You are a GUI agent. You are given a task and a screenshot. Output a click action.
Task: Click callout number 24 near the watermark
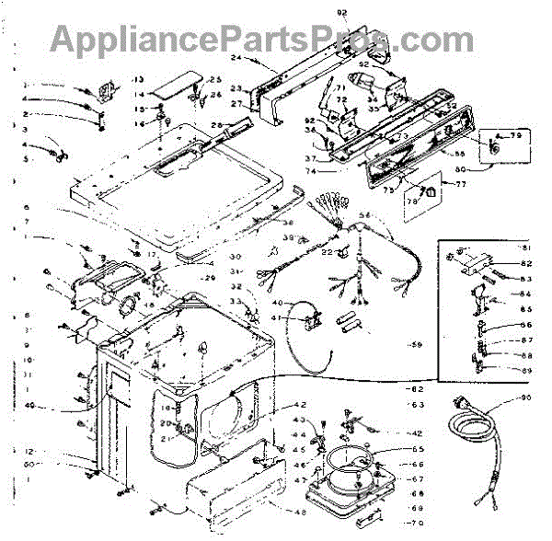[236, 58]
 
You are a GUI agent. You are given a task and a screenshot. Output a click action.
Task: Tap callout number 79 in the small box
[516, 136]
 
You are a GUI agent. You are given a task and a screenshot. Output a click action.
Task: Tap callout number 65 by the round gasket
[419, 449]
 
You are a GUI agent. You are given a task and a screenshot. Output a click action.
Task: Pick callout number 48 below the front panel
[300, 512]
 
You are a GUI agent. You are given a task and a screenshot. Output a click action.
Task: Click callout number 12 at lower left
[29, 450]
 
